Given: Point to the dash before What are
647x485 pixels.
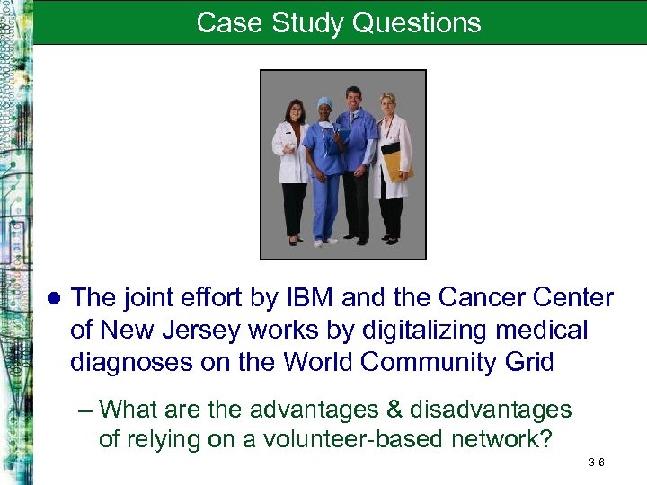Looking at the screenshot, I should (85, 410).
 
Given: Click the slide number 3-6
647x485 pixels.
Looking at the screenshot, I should (596, 463).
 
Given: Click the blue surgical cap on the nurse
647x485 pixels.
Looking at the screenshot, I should (323, 103).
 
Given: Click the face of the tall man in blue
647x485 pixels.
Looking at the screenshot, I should (355, 96).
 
